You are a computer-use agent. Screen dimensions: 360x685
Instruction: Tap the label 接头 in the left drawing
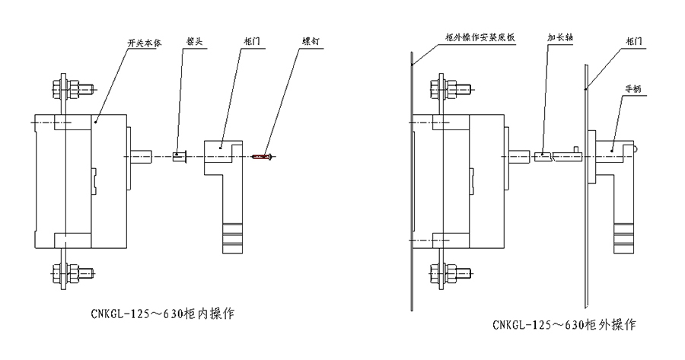[x=194, y=44]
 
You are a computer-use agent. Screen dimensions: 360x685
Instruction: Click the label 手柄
[x=633, y=89]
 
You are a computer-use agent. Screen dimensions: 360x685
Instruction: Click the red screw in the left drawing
[x=263, y=157]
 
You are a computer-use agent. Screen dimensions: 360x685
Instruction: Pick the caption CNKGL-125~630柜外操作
[x=564, y=325]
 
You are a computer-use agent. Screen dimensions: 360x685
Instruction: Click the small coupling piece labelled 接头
[x=180, y=157]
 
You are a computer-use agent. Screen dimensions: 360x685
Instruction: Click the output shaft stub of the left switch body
[x=142, y=157]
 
